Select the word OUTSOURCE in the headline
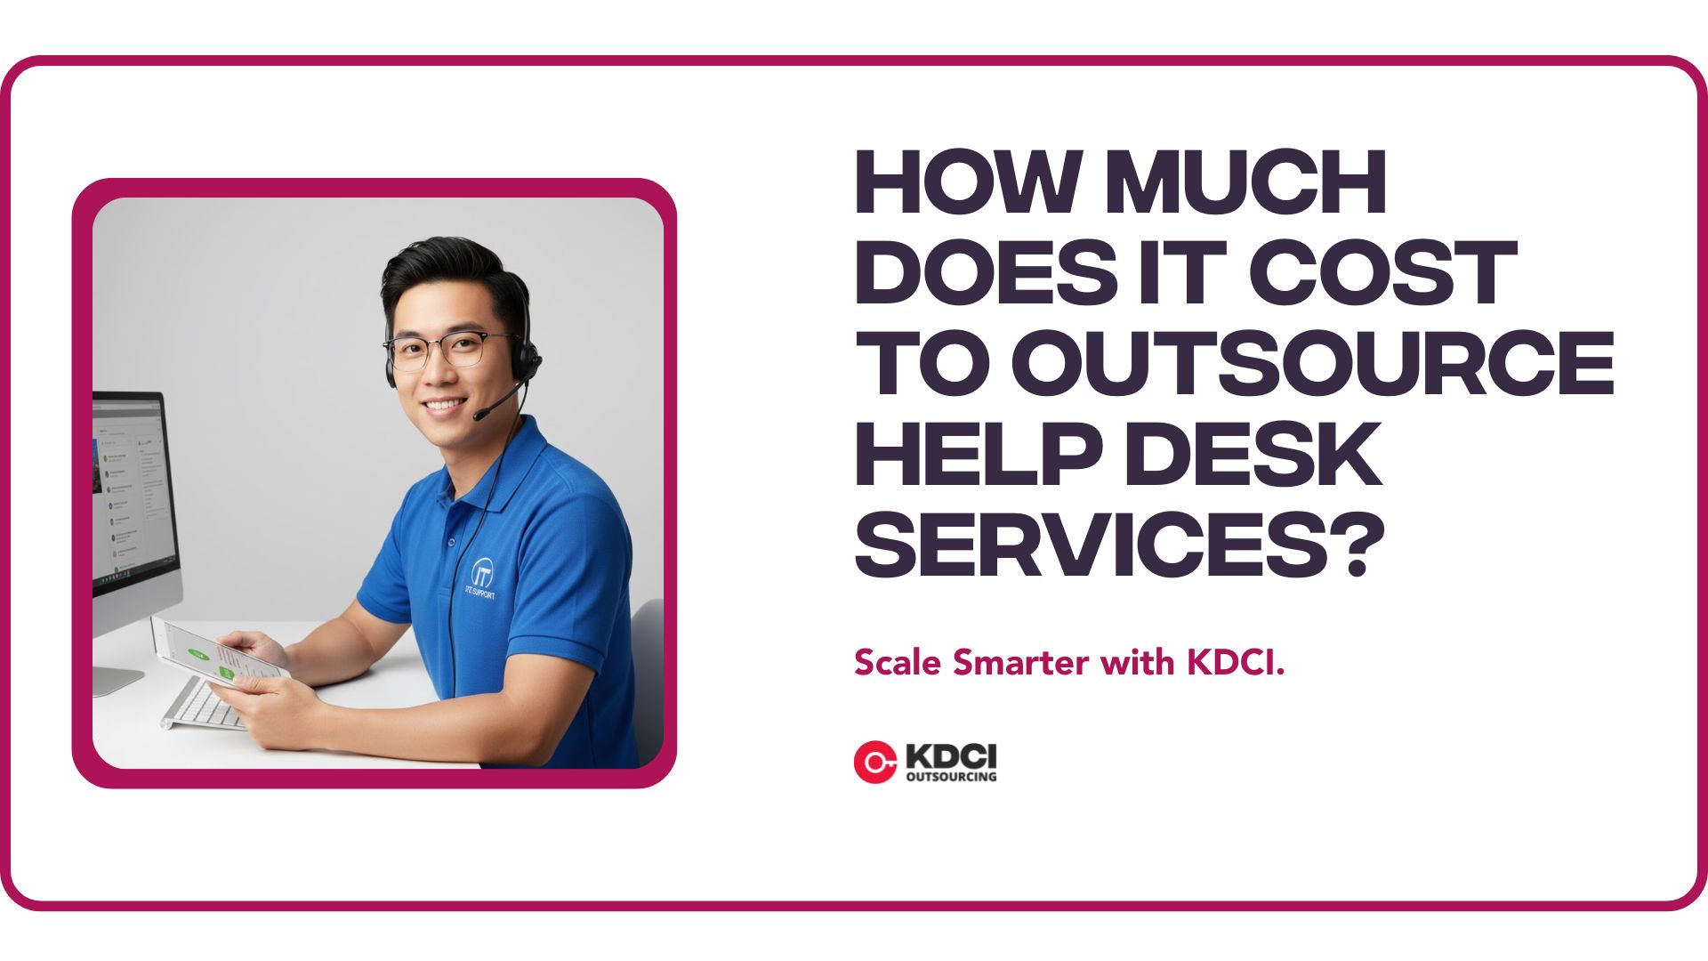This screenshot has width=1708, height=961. (1313, 363)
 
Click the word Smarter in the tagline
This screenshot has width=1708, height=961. (1022, 663)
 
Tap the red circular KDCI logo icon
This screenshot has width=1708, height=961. (874, 763)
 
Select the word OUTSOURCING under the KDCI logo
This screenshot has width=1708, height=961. (950, 777)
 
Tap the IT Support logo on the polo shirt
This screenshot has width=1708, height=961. (481, 577)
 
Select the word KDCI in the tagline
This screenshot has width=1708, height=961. (1236, 663)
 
